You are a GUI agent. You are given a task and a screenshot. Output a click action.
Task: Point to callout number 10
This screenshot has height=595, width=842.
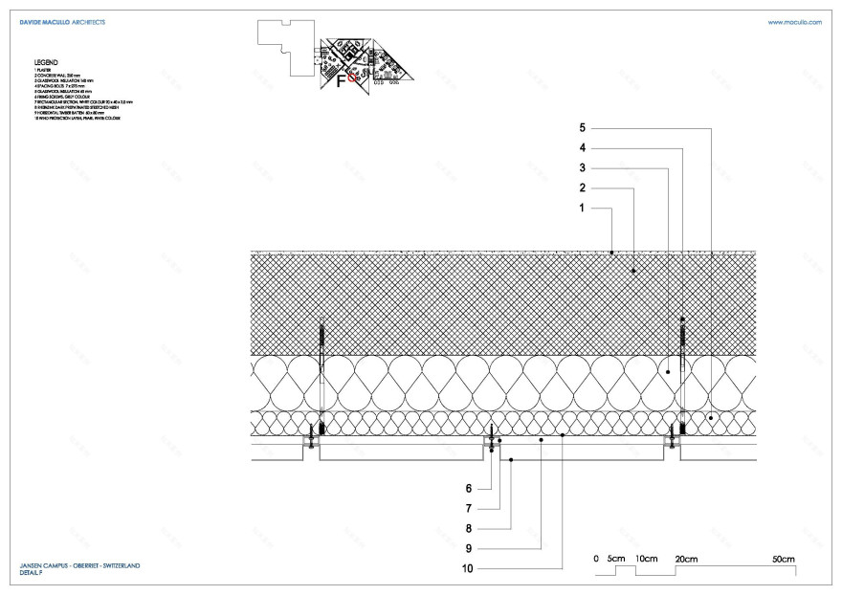(x=468, y=569)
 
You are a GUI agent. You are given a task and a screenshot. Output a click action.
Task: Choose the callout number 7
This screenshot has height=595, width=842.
(x=470, y=508)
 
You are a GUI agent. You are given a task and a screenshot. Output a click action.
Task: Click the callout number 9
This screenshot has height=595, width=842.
(x=470, y=548)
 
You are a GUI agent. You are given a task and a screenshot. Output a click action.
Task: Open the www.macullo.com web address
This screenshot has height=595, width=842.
(x=794, y=21)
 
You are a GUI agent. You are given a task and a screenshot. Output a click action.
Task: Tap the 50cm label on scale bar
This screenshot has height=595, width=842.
(x=785, y=558)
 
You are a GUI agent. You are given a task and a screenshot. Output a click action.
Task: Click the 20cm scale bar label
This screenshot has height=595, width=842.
(x=686, y=558)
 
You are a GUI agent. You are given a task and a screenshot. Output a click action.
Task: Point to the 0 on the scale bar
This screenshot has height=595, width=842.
(x=595, y=558)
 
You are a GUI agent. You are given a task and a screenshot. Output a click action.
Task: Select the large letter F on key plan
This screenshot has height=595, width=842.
(x=341, y=81)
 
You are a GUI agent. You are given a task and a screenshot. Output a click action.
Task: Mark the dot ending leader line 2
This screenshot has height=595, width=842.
(x=633, y=273)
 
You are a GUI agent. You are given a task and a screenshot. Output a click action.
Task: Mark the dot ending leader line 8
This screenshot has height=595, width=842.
(x=512, y=460)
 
